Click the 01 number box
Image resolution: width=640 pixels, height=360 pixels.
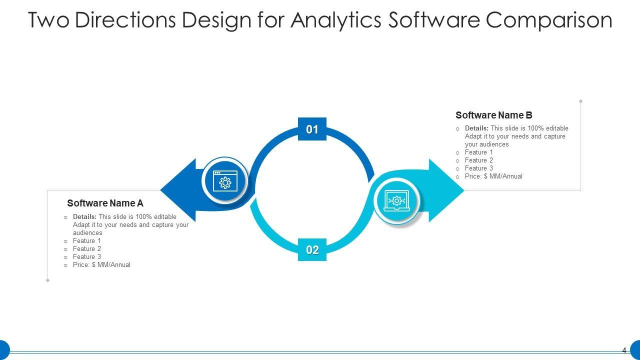(312, 129)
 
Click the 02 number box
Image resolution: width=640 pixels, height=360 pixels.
(312, 250)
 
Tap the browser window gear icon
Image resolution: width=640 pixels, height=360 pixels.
(225, 181)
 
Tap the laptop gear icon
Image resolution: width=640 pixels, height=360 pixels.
(396, 201)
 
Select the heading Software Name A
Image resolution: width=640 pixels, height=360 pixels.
(105, 203)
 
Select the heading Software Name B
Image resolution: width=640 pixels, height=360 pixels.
(493, 115)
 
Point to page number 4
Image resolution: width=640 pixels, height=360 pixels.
(624, 350)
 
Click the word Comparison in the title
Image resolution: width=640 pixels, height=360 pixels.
(548, 20)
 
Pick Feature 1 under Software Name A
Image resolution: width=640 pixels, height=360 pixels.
(87, 241)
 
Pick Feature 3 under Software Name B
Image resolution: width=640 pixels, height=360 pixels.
(479, 168)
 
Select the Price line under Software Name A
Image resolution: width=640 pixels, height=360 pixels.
(101, 265)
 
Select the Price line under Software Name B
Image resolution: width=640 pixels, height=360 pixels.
(493, 176)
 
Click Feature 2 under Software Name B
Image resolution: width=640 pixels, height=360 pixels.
(479, 160)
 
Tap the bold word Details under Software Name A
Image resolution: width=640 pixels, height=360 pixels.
(84, 217)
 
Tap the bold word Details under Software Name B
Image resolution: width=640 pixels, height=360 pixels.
(476, 128)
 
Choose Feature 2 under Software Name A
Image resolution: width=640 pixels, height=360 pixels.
(87, 249)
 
